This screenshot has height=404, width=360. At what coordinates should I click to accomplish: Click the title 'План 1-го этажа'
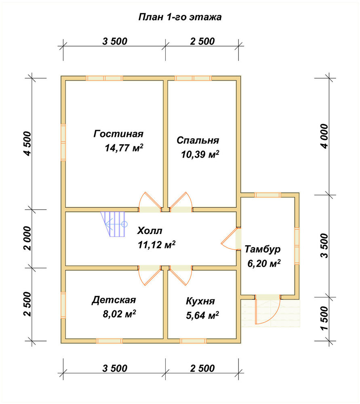click(x=180, y=17)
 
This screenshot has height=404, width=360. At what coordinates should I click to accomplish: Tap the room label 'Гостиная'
click(x=118, y=134)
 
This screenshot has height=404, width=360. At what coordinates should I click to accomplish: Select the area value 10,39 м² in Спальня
click(x=200, y=154)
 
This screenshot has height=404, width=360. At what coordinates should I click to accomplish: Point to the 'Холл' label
click(x=149, y=231)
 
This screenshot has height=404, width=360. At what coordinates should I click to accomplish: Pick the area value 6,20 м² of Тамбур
click(x=264, y=263)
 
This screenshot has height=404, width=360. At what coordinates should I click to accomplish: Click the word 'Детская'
click(x=114, y=300)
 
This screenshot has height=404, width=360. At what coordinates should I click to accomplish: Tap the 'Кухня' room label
click(x=200, y=301)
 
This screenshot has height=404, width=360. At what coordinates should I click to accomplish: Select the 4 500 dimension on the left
click(x=27, y=143)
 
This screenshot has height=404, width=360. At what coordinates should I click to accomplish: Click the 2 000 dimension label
click(x=27, y=239)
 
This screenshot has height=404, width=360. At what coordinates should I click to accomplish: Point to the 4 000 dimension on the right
click(x=325, y=136)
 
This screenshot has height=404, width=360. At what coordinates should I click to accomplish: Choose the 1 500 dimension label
click(x=324, y=318)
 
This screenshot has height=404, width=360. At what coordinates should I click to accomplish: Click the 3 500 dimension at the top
click(x=115, y=41)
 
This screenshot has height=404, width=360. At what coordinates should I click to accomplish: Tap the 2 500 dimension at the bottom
click(x=202, y=368)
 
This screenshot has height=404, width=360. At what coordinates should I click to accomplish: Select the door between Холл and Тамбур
click(x=230, y=239)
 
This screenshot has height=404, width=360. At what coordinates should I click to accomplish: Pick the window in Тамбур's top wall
click(x=268, y=195)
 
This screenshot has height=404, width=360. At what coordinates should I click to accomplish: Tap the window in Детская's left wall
click(x=63, y=305)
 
